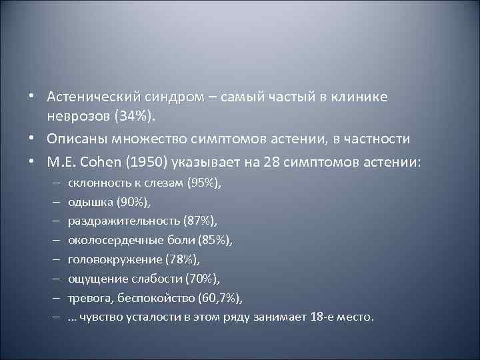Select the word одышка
(88, 201)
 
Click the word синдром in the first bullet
(176, 97)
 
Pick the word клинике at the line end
(360, 97)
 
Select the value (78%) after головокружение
(185, 259)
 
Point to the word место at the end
(357, 317)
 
